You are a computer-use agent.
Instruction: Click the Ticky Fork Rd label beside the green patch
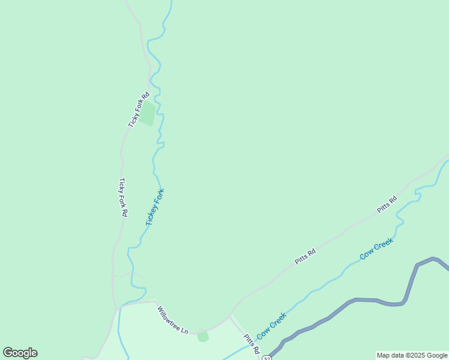(139, 109)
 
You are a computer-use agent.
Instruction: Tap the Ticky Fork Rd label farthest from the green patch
(123, 197)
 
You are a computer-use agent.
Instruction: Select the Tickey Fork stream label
(155, 208)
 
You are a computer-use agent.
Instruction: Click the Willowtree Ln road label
(173, 320)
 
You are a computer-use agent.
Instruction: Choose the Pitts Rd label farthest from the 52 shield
(387, 205)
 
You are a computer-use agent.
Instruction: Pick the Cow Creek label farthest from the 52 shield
(376, 249)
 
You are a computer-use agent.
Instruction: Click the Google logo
(20, 353)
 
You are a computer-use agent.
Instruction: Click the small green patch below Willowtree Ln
(203, 336)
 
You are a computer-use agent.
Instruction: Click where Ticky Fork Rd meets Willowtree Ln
(118, 308)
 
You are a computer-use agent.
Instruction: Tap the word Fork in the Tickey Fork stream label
(159, 197)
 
